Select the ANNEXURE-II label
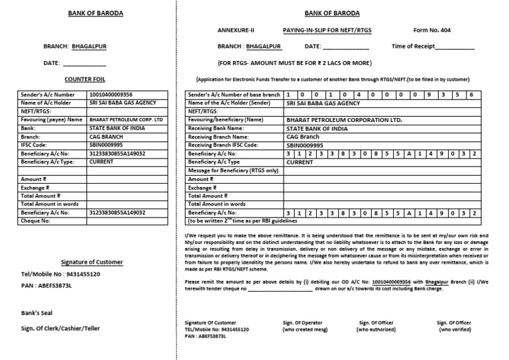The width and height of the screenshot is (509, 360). point(235,30)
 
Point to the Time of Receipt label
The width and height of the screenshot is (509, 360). point(433,46)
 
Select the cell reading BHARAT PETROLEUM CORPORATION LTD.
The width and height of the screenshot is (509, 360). point(344,120)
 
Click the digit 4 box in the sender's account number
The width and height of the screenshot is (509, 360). point(358,95)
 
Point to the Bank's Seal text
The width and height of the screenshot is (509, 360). point(36,313)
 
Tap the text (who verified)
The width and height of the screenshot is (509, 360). point(454,330)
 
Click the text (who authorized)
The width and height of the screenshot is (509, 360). point(376,330)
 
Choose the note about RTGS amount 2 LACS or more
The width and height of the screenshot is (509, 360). point(285,62)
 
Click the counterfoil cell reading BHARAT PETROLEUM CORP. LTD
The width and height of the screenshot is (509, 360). point(125,119)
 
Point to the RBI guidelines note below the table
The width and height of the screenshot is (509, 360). point(243,221)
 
